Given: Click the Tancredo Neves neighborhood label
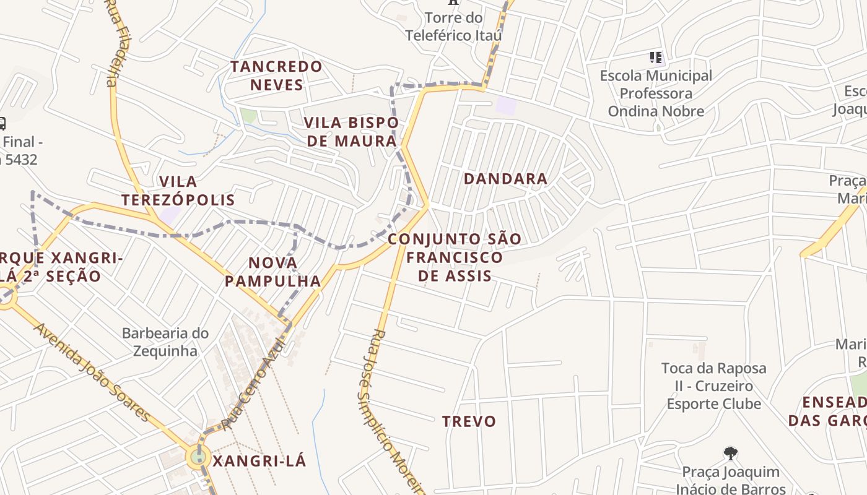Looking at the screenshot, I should pos(276,75).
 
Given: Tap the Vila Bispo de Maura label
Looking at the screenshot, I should pos(352,132).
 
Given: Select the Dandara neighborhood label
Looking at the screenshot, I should pos(505,179).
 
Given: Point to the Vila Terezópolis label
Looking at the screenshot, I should pos(178,191).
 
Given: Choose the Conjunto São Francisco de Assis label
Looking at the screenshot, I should pos(455,257).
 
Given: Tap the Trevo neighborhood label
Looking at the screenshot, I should pos(469,422).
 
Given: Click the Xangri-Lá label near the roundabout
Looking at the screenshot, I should pos(259,462).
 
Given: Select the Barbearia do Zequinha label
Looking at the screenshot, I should pos(165,342).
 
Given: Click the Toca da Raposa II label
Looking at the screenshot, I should pos(713,386).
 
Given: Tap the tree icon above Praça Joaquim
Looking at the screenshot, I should pos(731,454).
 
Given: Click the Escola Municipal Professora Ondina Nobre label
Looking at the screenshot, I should pos(656,93).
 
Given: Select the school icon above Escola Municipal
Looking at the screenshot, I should pos(656,58).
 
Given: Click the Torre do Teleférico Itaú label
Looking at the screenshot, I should pos(453,27).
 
